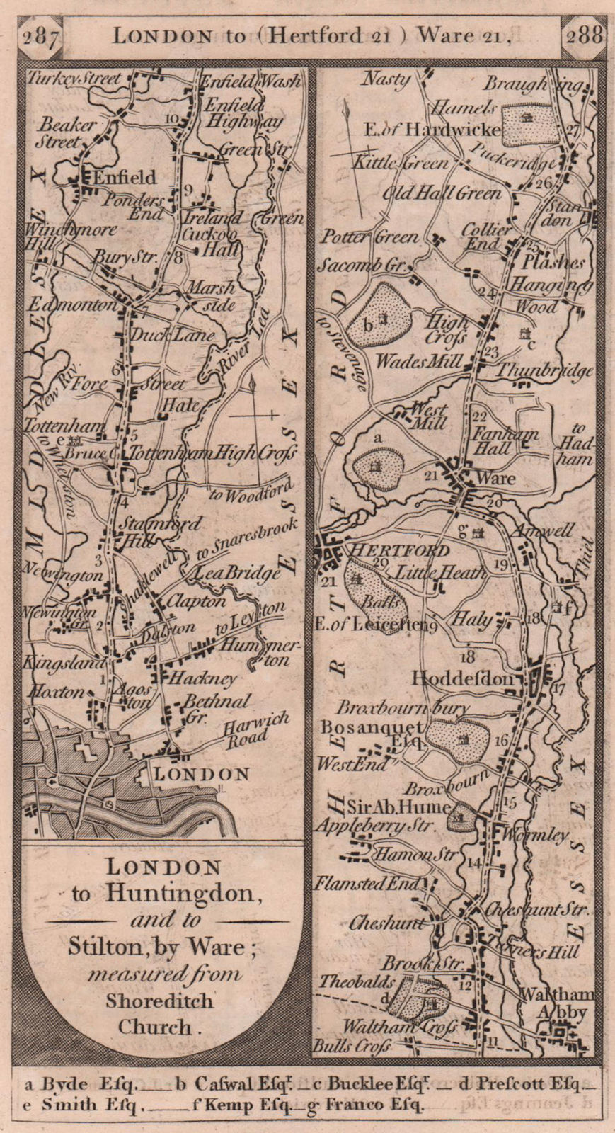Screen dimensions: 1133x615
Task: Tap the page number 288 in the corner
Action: coord(582,35)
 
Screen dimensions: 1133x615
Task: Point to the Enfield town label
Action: coord(124,177)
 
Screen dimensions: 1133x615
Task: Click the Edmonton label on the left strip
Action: coord(71,305)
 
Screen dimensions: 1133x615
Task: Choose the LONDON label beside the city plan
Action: coord(202,774)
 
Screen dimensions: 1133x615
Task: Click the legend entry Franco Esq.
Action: coord(372,1104)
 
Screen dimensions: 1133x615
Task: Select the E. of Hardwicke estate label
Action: coord(432,130)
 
